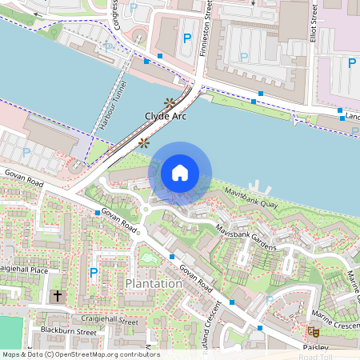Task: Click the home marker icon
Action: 180,172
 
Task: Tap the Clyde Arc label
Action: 166,116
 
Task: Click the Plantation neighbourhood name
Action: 154,284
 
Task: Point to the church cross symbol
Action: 57,296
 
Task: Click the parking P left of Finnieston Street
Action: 187,38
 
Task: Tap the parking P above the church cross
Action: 94,273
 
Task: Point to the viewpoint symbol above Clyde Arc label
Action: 169,102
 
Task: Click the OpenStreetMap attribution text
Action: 81,354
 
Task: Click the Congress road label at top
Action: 117,14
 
